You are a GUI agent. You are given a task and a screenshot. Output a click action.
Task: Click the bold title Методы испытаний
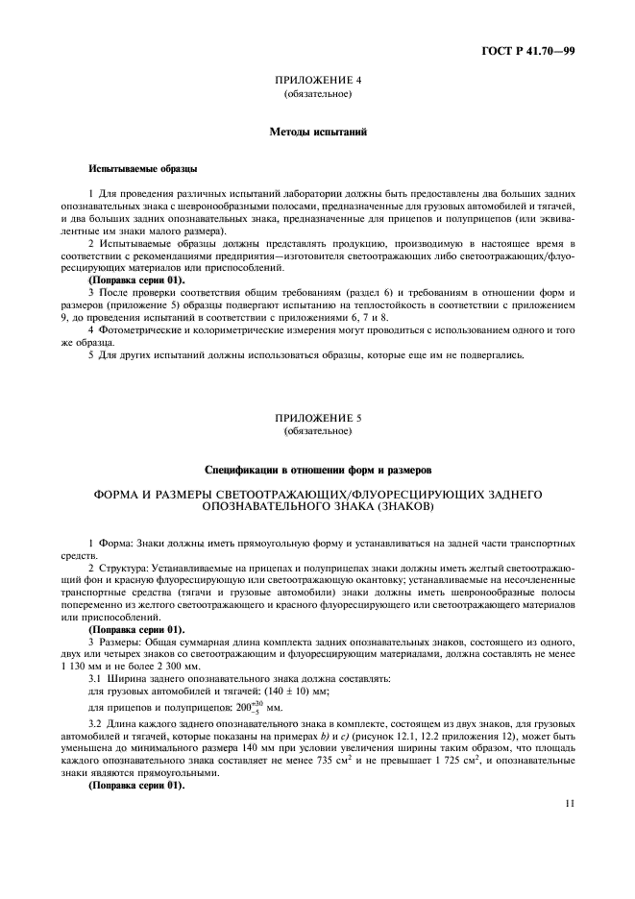click(x=317, y=130)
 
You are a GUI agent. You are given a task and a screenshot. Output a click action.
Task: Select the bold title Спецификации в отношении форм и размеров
click(x=317, y=470)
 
